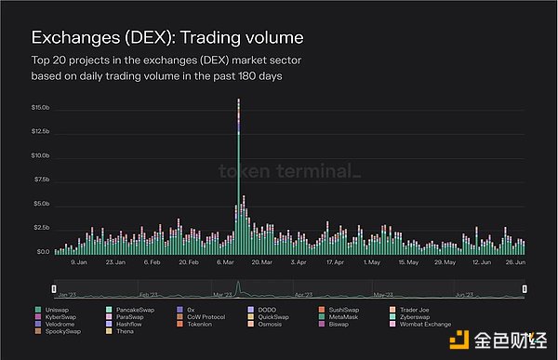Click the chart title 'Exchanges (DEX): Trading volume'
[x=167, y=38]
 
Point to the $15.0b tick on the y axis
[x=40, y=108]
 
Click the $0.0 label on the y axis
[x=44, y=252]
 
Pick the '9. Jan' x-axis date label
[x=80, y=262]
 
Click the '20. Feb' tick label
[x=189, y=262]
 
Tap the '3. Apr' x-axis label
[x=299, y=262]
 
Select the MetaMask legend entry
[x=343, y=316]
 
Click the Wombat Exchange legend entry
[x=425, y=324]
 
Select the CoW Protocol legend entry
[x=201, y=316]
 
